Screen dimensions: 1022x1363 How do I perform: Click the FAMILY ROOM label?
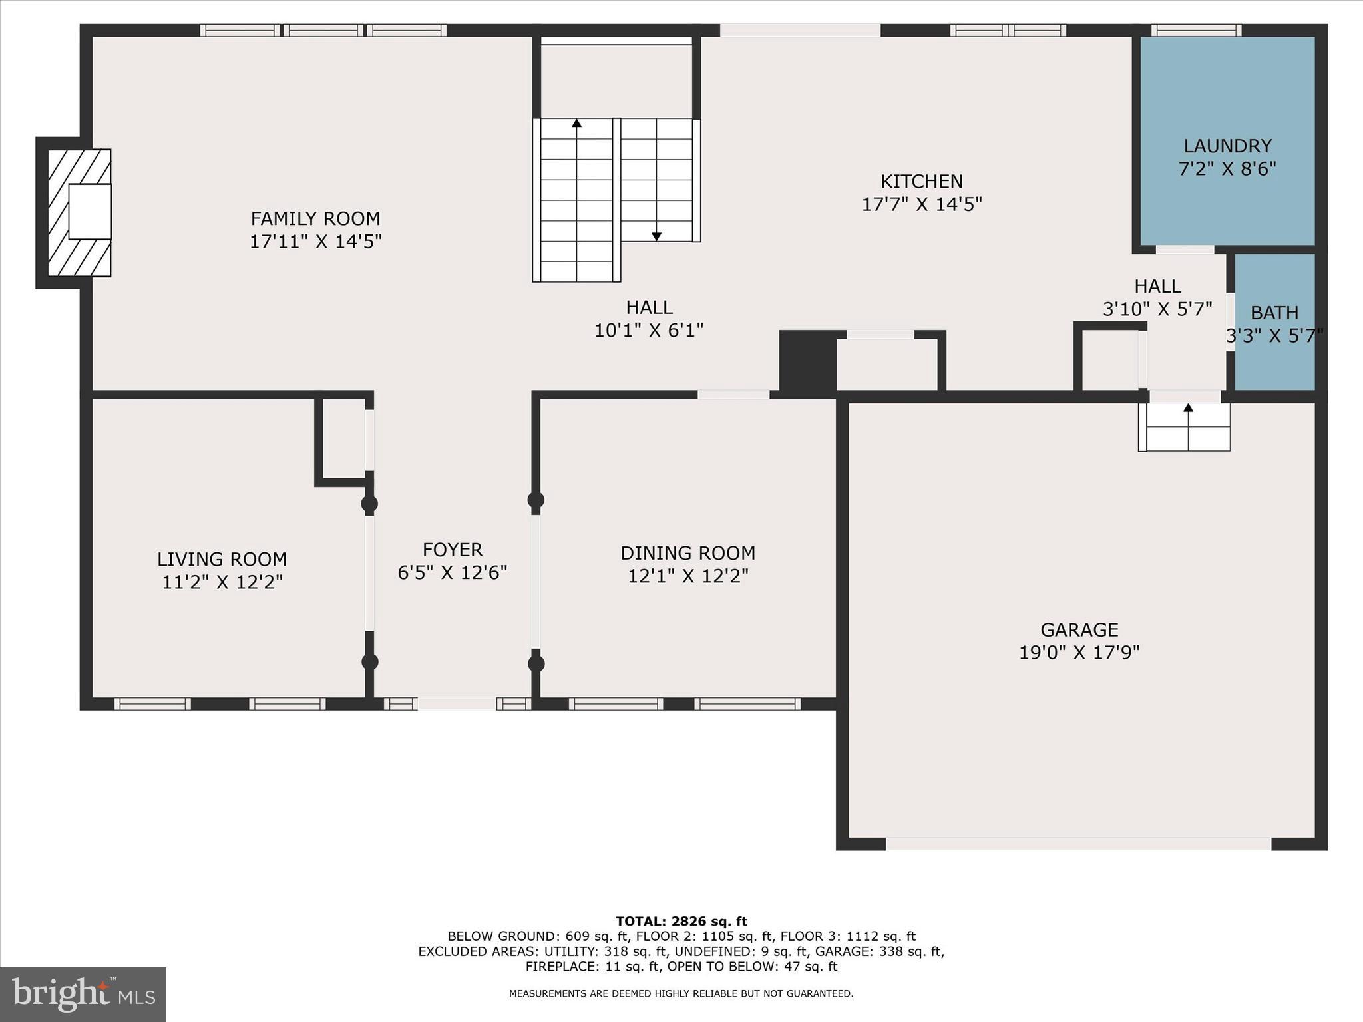click(x=315, y=218)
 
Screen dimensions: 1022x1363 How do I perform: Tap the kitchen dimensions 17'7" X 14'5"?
click(x=922, y=204)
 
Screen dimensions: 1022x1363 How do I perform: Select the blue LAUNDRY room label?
click(x=1227, y=146)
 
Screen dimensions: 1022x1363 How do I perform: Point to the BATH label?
click(x=1274, y=313)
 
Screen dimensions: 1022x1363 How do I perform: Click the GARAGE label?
click(x=1079, y=629)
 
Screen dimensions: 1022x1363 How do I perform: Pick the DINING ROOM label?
click(x=687, y=553)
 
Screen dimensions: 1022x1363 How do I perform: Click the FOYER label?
click(x=453, y=550)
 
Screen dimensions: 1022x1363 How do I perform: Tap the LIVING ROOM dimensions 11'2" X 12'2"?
click(x=222, y=582)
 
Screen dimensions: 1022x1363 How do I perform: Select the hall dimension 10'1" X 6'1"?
click(x=649, y=330)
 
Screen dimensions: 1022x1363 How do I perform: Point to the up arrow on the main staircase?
click(x=576, y=123)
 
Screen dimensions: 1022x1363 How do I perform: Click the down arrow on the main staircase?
click(x=656, y=236)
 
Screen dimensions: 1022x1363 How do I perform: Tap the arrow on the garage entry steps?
click(x=1188, y=407)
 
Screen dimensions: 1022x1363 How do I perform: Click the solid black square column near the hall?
click(x=807, y=361)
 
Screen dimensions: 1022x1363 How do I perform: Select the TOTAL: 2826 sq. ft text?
click(x=681, y=921)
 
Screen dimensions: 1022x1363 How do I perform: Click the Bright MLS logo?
click(x=83, y=995)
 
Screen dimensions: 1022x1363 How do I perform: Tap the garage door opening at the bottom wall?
click(x=1078, y=844)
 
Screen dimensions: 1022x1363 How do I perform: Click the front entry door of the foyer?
click(x=457, y=703)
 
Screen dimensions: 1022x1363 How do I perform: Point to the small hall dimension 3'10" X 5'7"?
click(x=1157, y=309)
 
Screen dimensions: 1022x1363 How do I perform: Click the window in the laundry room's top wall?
click(x=1196, y=30)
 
